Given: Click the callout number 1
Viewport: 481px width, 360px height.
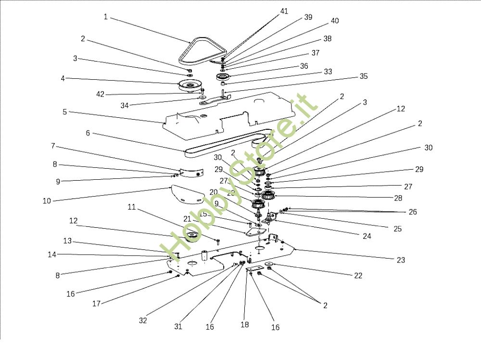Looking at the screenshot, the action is tap(106, 17).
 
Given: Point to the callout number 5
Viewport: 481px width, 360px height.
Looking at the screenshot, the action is tap(65, 112).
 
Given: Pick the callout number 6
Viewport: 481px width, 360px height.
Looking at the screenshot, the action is tap(88, 133).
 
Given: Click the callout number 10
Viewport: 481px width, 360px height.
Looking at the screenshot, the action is tap(47, 201).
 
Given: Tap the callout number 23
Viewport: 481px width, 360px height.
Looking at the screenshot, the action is tap(401, 260).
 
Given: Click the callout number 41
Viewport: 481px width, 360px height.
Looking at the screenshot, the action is tap(284, 11).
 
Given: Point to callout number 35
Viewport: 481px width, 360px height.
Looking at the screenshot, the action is tap(364, 76).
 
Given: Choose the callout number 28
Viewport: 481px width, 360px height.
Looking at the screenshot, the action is tap(398, 198).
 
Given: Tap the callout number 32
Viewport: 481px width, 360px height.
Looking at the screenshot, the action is tap(143, 320).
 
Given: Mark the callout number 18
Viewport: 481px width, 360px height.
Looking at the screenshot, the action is tap(245, 324).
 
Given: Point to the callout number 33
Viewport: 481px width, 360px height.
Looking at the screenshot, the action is tap(328, 72).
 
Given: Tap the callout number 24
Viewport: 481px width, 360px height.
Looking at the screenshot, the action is tap(367, 236).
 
